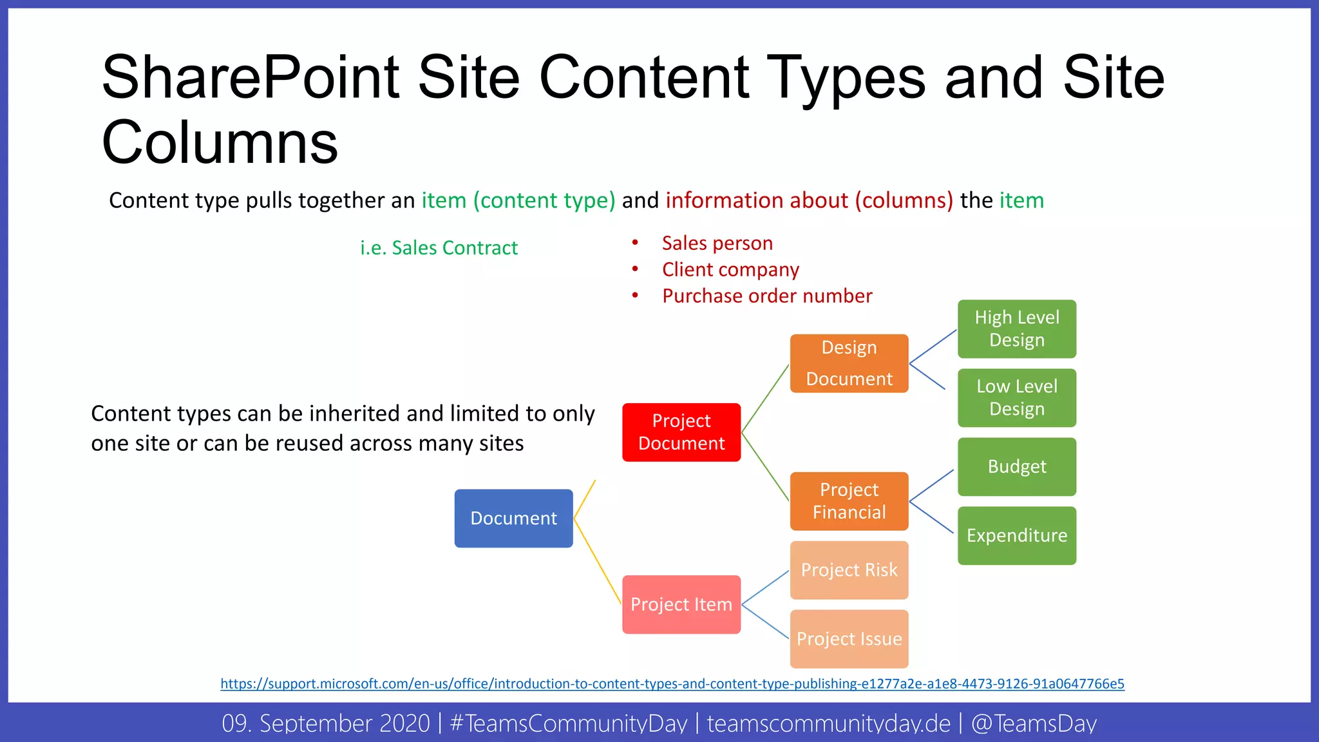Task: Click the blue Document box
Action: (x=513, y=518)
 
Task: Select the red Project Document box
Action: (x=681, y=432)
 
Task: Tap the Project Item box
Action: (x=681, y=604)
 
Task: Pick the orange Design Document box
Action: (x=849, y=363)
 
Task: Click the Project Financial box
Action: (x=849, y=501)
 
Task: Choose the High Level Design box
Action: (x=1016, y=328)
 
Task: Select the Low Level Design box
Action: (x=1016, y=397)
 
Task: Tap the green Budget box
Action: (x=1016, y=466)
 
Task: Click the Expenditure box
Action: (x=1016, y=535)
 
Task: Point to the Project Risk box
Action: (x=849, y=570)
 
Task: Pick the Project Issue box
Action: (x=849, y=639)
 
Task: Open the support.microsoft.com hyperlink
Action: (x=672, y=683)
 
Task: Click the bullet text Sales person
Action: (x=717, y=243)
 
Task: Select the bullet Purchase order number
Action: (x=766, y=296)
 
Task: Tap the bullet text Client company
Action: (x=730, y=270)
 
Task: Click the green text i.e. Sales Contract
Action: (x=439, y=248)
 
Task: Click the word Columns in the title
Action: (x=220, y=143)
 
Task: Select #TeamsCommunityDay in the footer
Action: (x=568, y=723)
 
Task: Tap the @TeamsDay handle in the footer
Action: (x=1033, y=723)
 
